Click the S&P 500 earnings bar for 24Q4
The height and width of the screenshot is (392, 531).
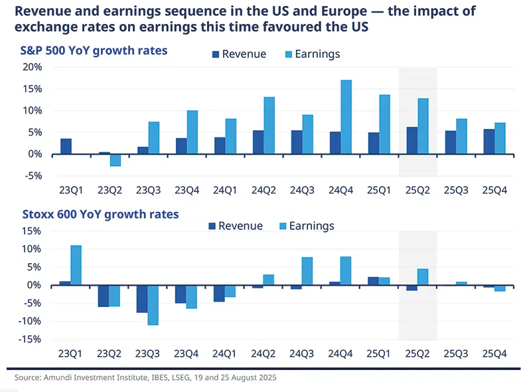point(346,117)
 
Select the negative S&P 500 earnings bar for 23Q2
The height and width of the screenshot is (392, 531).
point(115,160)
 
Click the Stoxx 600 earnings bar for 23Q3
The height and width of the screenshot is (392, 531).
point(153,305)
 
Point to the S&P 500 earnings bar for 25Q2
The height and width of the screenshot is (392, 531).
point(423,126)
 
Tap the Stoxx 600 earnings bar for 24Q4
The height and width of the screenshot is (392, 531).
point(346,271)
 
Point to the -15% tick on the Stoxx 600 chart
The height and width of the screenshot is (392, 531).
point(30,340)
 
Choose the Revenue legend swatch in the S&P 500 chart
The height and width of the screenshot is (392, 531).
point(215,54)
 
